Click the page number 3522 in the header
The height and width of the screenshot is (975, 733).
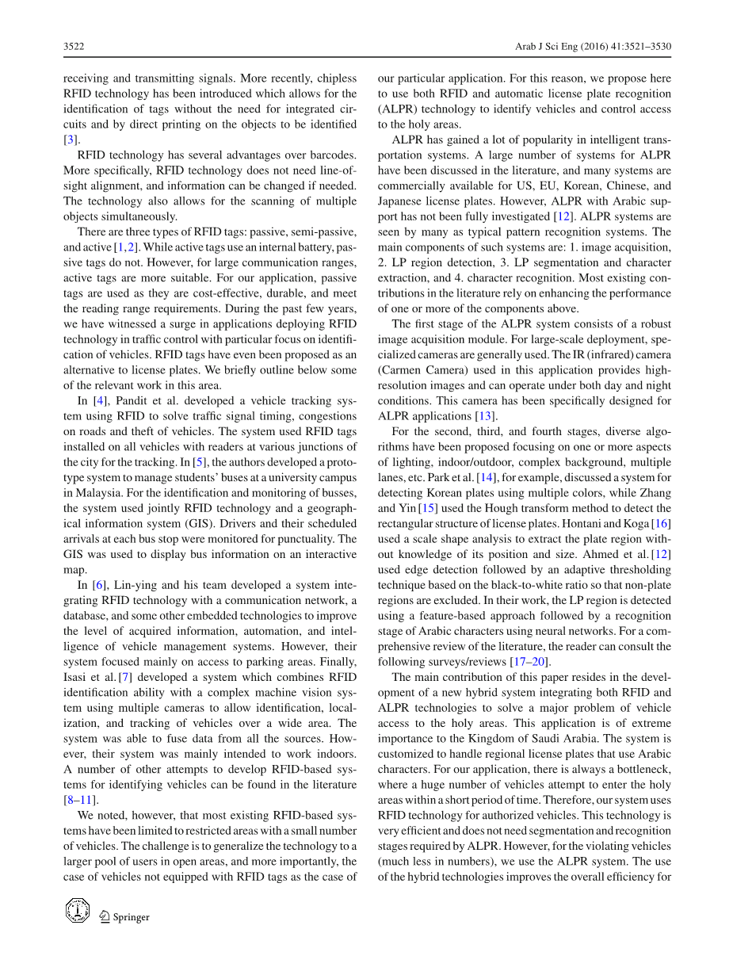pos(74,47)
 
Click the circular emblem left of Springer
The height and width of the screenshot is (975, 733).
pos(78,911)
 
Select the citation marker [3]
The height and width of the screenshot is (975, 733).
pos(71,140)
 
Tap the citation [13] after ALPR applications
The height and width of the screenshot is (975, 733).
pos(484,416)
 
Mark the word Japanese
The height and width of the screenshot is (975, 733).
pos(402,201)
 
